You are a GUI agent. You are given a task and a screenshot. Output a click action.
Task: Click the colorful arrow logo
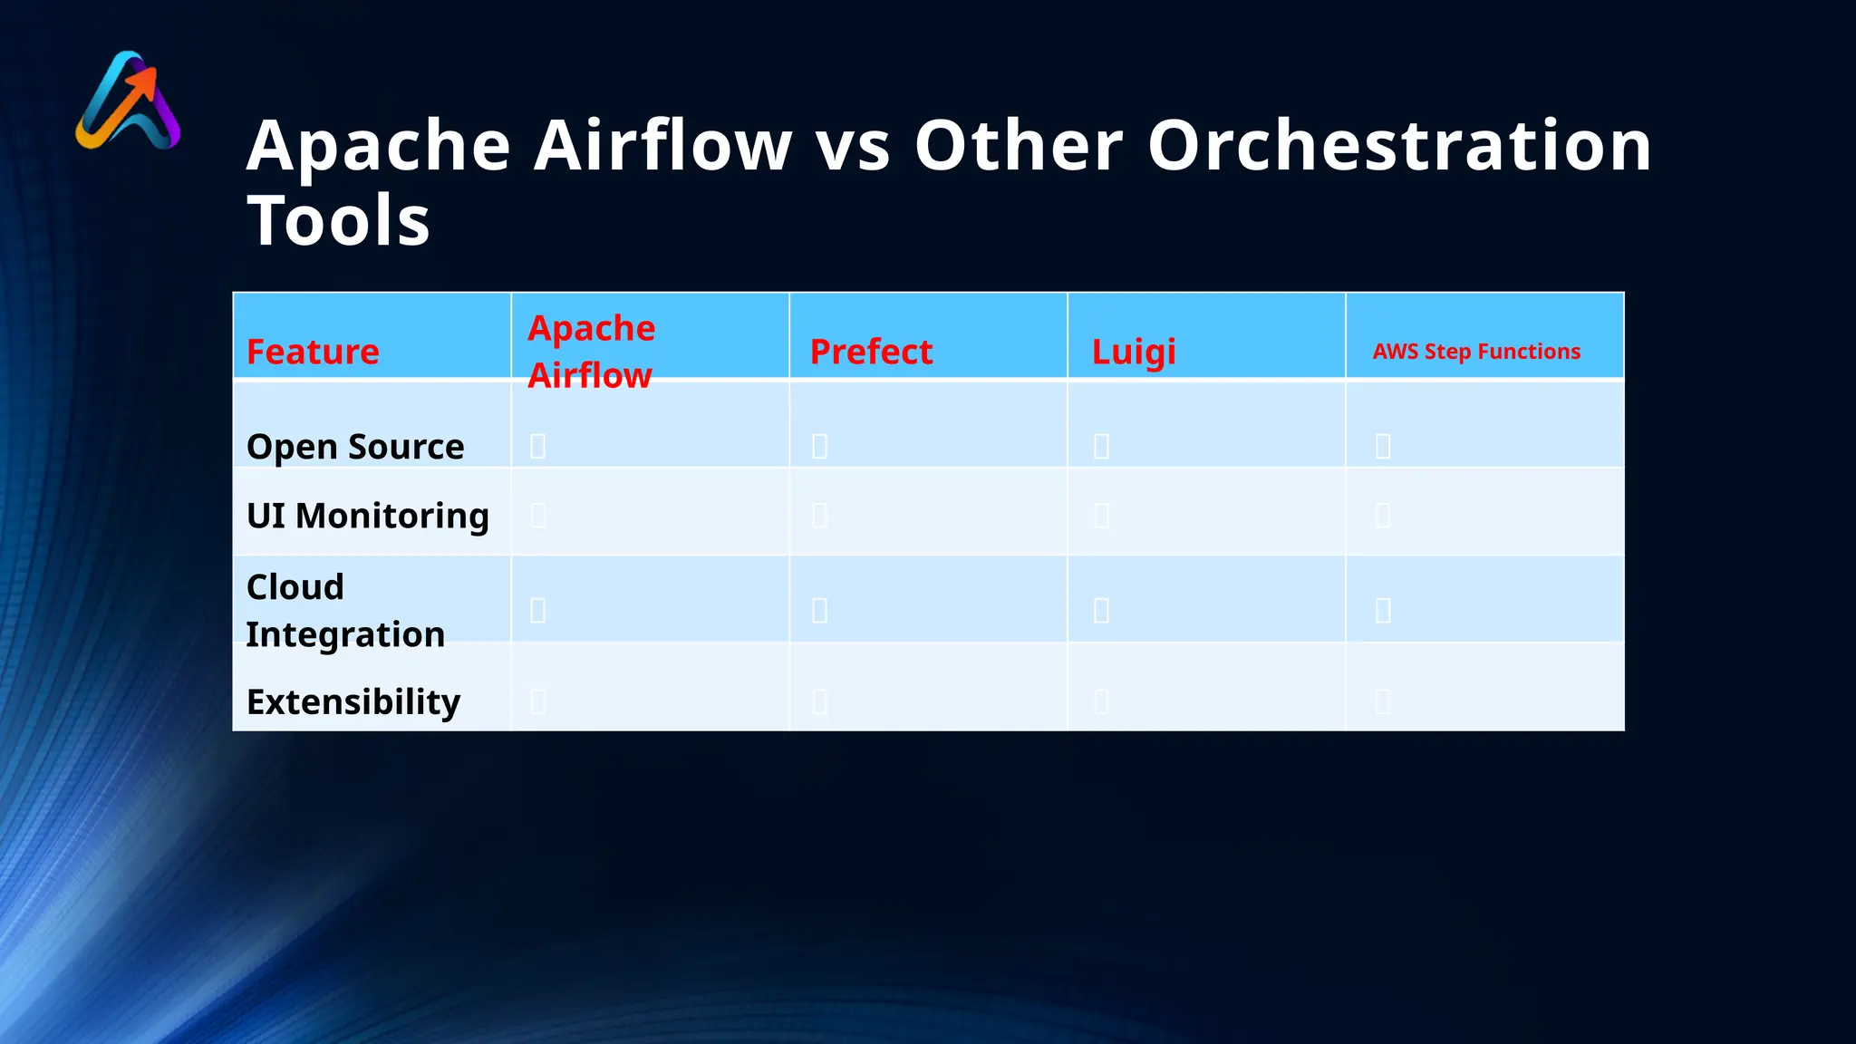point(128,101)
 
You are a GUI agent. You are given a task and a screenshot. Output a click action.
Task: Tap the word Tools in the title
point(339,220)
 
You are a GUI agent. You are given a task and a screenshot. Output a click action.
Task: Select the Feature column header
point(313,352)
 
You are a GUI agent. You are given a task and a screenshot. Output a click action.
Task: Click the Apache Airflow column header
point(592,352)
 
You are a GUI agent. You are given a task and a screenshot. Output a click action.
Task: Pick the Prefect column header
point(871,352)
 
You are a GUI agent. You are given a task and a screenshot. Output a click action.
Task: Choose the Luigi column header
point(1134,352)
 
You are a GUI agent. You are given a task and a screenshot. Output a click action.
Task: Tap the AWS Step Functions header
point(1476,352)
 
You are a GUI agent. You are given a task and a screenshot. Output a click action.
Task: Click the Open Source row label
point(355,447)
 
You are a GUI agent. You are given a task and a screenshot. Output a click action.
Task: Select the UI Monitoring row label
point(368,516)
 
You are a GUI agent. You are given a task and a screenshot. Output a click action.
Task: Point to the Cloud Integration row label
point(345,610)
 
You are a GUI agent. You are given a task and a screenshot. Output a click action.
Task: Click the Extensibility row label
point(353,701)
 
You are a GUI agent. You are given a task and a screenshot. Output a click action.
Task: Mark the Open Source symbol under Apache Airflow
point(537,446)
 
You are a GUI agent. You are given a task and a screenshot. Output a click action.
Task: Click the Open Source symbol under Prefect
point(819,446)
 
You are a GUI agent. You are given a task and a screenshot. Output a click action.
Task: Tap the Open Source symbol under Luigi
point(1101,446)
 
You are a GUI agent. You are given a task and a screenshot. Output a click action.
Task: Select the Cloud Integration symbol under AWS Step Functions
point(1383,610)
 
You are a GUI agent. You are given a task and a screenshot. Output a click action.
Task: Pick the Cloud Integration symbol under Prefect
point(819,610)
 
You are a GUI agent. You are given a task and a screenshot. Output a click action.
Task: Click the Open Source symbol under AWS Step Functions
point(1383,446)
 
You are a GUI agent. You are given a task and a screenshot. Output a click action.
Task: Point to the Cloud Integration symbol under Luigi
point(1101,610)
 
